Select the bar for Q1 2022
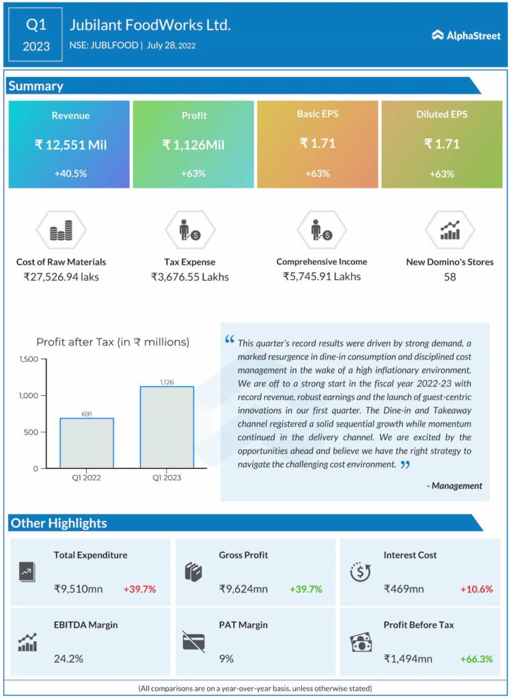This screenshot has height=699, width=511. coord(87,443)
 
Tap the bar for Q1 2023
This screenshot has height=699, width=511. coord(167,427)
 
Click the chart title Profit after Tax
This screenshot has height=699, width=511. coord(113,342)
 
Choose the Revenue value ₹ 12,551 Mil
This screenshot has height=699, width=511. coord(70,145)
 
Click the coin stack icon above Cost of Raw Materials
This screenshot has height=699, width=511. coord(61,233)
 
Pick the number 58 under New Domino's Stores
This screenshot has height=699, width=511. coord(450,276)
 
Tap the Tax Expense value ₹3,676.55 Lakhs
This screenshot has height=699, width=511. coord(190,276)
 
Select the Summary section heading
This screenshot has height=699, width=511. coord(36,86)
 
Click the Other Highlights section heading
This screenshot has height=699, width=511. coord(59,524)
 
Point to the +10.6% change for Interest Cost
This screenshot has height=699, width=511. coord(476,588)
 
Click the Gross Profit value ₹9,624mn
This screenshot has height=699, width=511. coord(243,588)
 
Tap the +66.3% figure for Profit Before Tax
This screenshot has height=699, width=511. coord(476,659)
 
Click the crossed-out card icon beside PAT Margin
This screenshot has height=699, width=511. coord(193,641)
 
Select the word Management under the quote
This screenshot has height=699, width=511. coord(457,485)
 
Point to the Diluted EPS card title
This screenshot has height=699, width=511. coord(441,115)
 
